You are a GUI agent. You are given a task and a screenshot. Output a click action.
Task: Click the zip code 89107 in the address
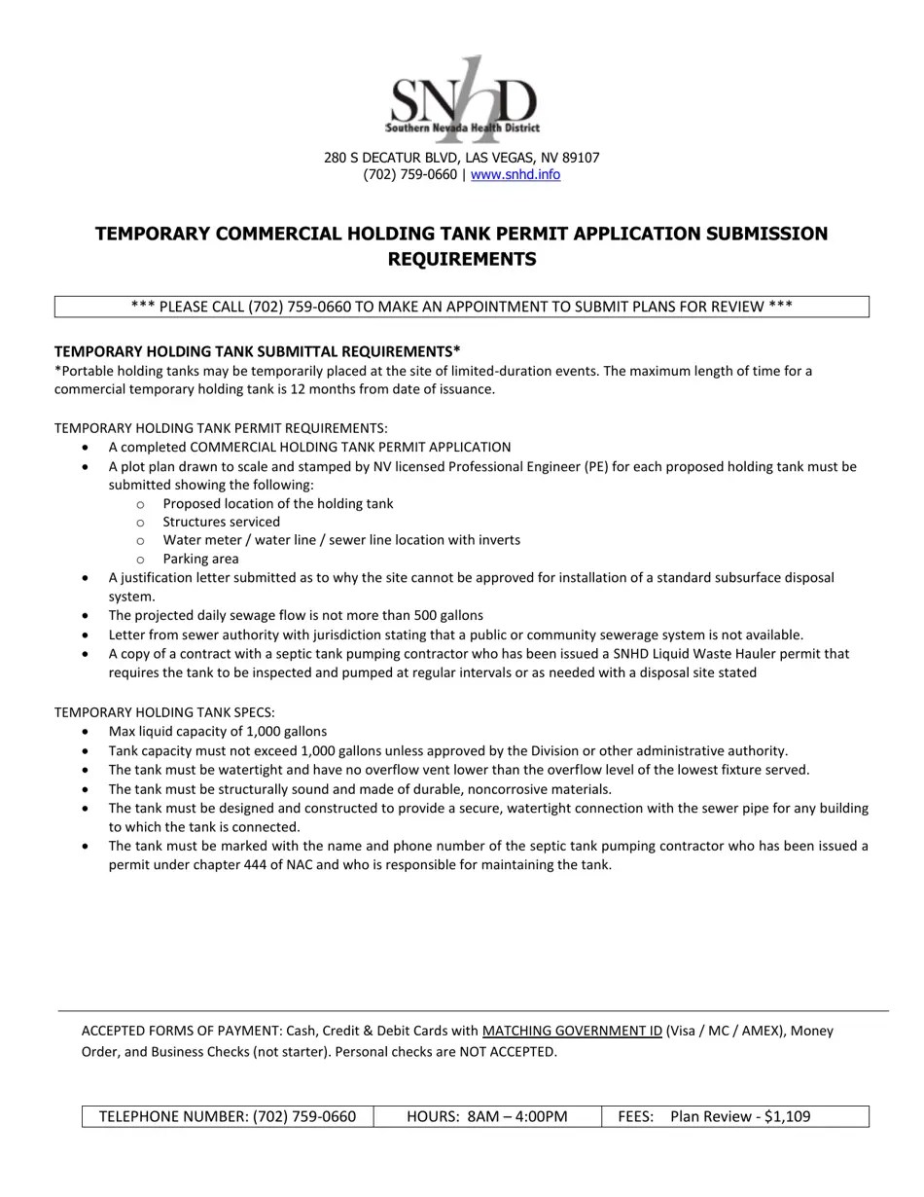(x=580, y=157)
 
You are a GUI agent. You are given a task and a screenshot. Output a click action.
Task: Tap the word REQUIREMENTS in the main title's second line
(x=462, y=259)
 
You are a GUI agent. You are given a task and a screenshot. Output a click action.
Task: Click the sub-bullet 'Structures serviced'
(x=221, y=522)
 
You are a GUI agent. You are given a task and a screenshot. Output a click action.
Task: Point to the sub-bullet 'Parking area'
(x=200, y=559)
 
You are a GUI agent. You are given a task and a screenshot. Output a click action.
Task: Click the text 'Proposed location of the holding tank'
(x=277, y=503)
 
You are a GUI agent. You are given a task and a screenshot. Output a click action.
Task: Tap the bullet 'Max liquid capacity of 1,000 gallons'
(x=217, y=731)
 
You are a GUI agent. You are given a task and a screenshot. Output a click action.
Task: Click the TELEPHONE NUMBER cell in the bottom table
(x=227, y=1116)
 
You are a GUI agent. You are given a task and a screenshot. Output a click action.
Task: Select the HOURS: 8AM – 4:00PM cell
(x=486, y=1116)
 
